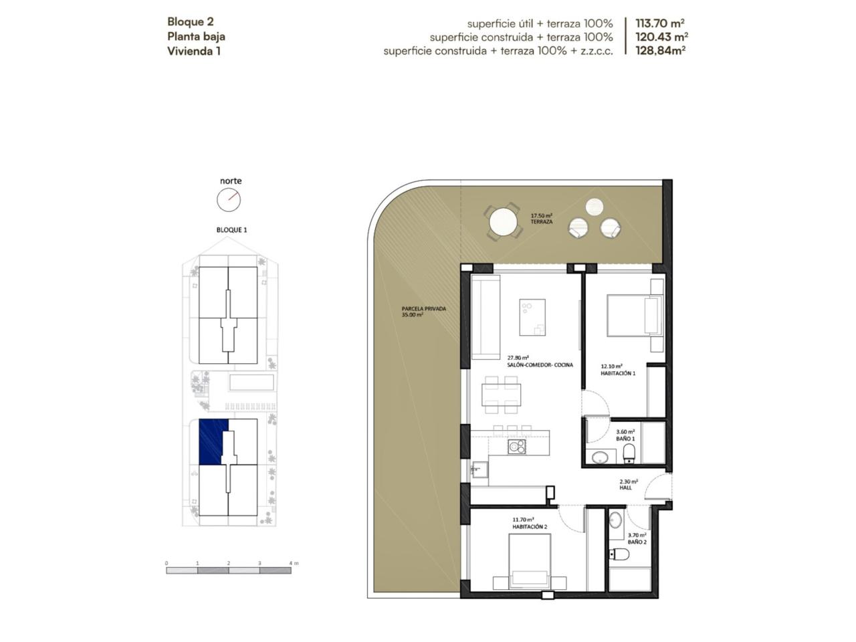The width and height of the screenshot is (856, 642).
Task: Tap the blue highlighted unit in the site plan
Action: point(211,441)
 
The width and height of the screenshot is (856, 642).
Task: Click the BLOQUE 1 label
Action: point(231,230)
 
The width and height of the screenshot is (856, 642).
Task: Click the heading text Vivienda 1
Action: point(194,51)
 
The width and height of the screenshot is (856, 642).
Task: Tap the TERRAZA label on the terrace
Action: point(541,222)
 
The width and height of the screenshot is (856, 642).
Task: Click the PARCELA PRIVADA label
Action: point(423,309)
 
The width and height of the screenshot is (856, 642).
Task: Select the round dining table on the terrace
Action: point(503,222)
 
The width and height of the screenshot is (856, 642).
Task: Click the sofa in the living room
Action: point(486,317)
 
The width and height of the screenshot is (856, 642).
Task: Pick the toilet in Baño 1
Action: point(629,453)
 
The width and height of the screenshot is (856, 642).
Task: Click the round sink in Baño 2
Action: point(616,520)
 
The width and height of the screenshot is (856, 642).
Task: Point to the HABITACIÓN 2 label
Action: point(530,526)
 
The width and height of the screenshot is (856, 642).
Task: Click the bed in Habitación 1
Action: point(635,316)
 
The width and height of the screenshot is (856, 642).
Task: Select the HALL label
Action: point(625,488)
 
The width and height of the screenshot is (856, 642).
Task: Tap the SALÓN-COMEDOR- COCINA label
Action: point(540,365)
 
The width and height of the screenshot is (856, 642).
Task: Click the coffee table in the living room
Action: point(532,317)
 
